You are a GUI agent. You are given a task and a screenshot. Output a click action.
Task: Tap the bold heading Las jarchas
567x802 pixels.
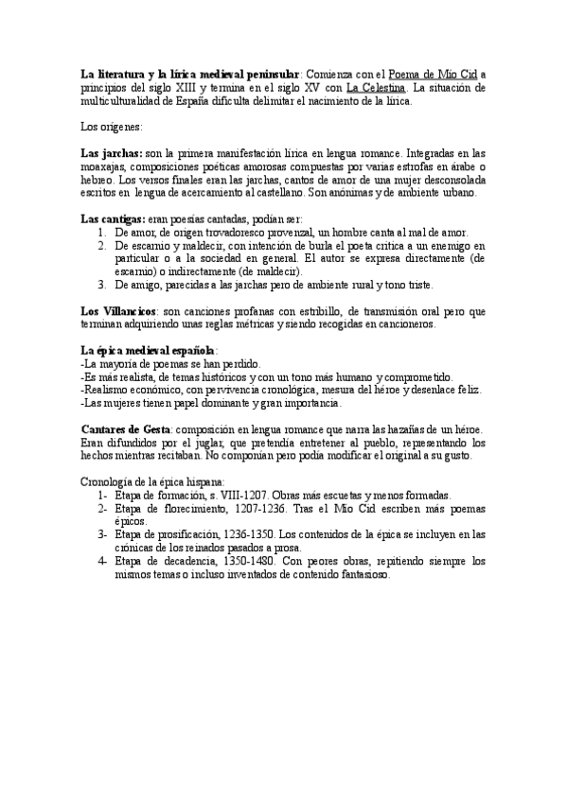(x=111, y=153)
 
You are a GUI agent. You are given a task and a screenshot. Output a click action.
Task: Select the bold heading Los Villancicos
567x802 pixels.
(x=118, y=311)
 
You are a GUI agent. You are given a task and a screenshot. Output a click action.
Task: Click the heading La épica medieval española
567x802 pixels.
(x=149, y=351)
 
